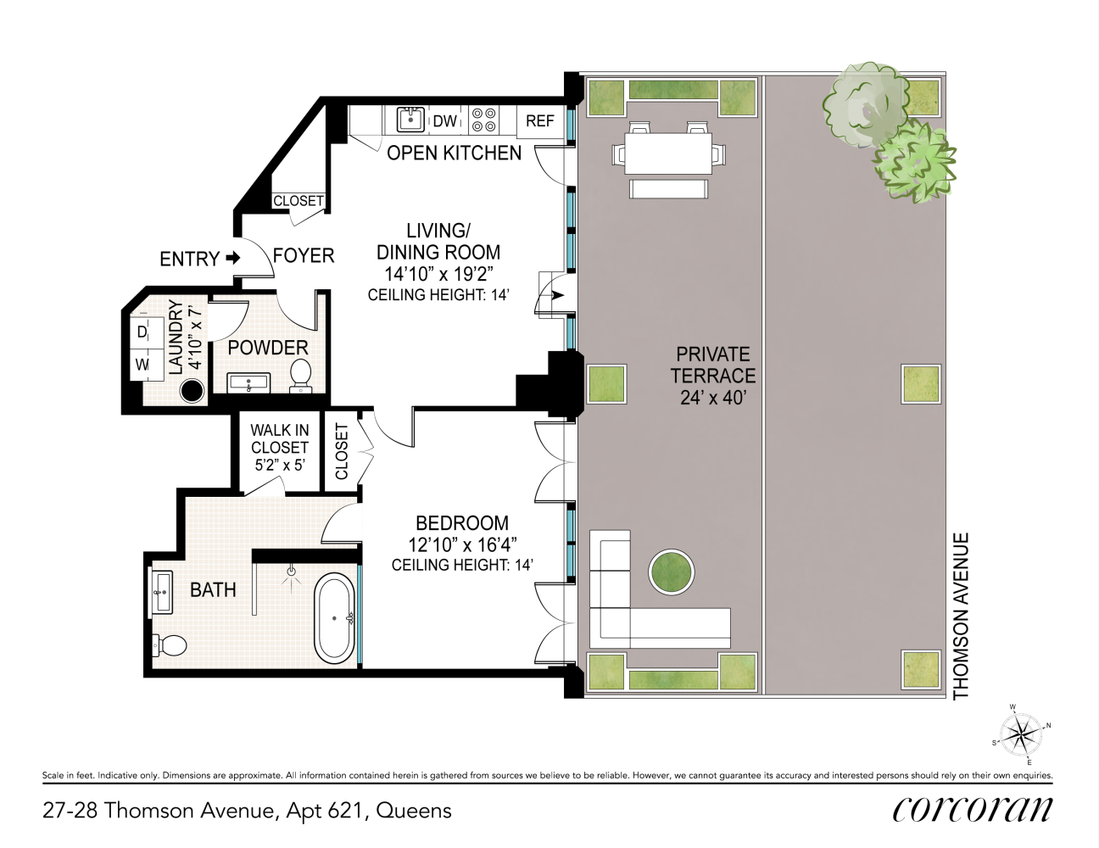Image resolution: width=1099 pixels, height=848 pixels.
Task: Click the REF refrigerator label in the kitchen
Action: pos(539,121)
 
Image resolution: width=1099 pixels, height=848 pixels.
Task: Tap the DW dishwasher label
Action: pos(445,121)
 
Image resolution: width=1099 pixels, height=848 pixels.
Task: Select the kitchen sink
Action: pos(410,120)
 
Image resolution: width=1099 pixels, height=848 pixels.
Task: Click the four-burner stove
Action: pos(483,120)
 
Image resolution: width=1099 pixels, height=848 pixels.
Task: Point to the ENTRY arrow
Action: pos(232,259)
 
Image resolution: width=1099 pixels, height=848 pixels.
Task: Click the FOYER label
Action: pos(304,256)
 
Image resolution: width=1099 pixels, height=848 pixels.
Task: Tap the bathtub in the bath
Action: pos(335,618)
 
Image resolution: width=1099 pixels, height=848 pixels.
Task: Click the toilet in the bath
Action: pos(170,645)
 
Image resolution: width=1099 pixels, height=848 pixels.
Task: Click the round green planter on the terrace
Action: pos(671,572)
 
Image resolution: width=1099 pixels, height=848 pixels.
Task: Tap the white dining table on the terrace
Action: pos(668,153)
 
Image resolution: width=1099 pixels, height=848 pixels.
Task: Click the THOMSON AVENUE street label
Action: pos(960,616)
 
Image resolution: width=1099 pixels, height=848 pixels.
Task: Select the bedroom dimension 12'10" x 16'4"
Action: pos(462,544)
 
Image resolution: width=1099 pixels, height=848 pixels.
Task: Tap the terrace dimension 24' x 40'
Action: pos(713,398)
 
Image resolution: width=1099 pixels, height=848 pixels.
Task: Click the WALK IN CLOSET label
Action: pos(280,438)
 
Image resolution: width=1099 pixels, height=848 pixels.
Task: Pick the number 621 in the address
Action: pos(345,811)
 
